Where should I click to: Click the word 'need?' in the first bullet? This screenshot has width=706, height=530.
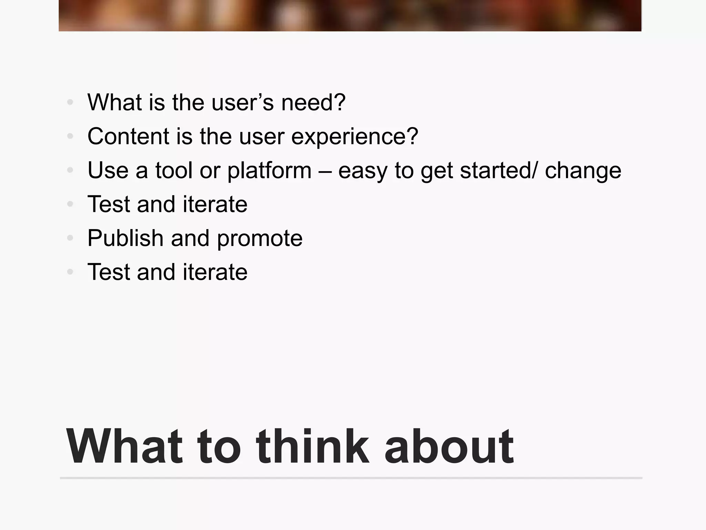point(313,102)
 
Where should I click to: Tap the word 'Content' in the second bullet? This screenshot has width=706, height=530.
point(128,136)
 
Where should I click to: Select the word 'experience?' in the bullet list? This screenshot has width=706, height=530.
point(355,137)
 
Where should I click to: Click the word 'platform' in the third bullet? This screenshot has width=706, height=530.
point(269,170)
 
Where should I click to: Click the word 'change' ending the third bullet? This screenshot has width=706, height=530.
point(583,170)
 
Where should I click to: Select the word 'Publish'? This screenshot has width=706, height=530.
point(125,238)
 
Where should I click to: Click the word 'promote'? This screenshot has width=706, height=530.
point(260,239)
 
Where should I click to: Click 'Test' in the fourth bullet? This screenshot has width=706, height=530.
point(108,204)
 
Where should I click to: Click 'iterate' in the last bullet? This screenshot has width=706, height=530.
point(215,272)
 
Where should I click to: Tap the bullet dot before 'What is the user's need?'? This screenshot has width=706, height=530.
point(70,102)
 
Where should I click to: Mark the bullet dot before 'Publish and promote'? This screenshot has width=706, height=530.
point(70,238)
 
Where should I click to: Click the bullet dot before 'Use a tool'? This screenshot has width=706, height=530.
point(70,170)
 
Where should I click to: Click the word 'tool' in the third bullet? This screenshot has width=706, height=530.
point(173,170)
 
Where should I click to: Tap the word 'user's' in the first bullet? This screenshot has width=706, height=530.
point(242,102)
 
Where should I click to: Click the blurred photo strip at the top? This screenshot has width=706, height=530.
point(350,16)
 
